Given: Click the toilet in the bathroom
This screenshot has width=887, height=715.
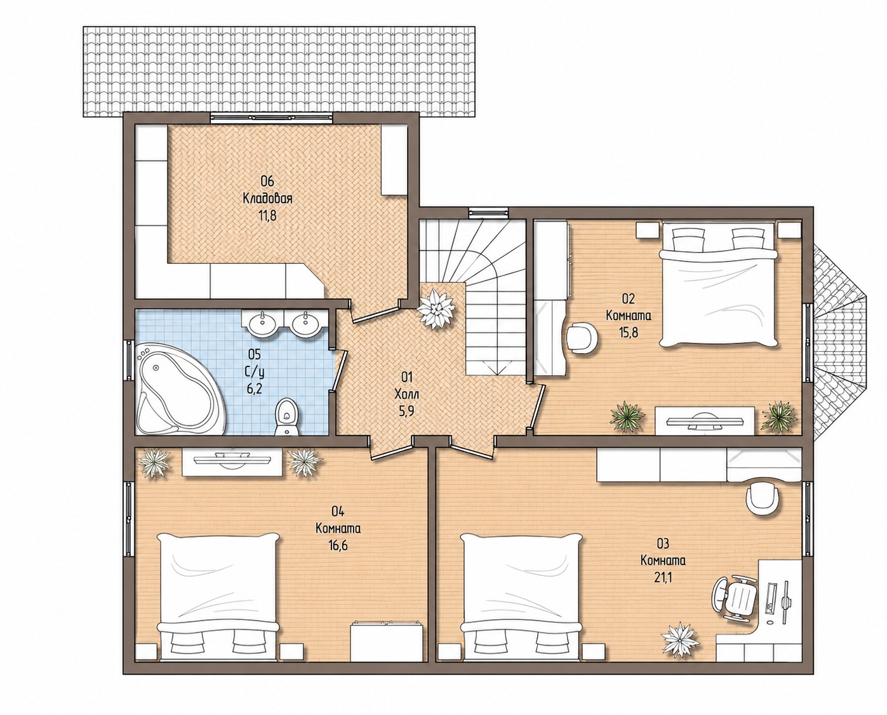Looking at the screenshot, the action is coord(287,417).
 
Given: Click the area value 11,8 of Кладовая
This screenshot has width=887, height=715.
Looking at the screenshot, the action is coord(267,216).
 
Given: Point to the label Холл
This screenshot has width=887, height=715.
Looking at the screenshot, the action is coord(407,394).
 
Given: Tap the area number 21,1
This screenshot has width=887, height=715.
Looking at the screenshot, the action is coord(663,578).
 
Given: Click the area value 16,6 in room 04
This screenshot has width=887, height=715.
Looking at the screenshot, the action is coord(338,545).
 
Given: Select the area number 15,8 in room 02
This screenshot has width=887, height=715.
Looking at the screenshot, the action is coord(629,332).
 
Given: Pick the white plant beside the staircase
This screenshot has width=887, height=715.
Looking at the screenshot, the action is coord(436,309).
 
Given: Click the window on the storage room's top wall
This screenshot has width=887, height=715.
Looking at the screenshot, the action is coord(271,118).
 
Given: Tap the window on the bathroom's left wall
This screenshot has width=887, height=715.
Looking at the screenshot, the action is coord(129,360).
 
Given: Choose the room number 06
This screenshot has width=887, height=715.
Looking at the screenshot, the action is coord(267,181).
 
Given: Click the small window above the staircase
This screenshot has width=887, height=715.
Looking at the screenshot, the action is coord(490,212).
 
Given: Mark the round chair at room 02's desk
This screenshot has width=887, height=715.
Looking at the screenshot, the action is coord(582,338).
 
